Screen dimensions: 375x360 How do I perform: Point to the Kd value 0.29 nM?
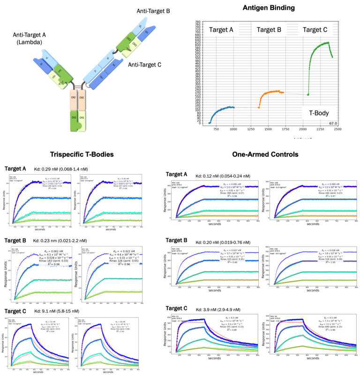pos(51,168)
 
